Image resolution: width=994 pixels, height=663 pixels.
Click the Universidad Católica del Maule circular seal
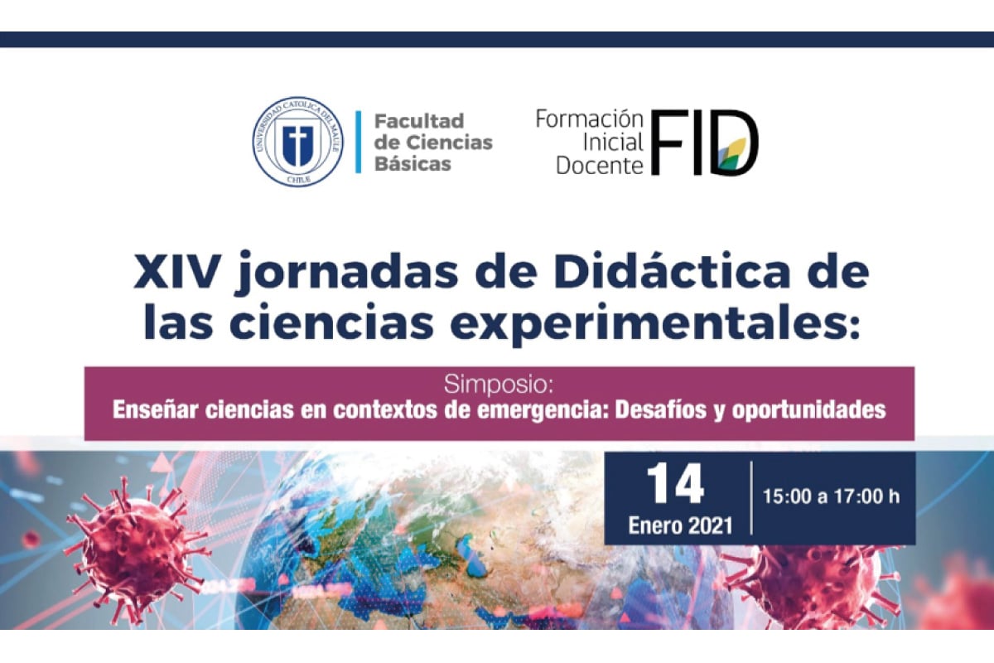click(x=297, y=141)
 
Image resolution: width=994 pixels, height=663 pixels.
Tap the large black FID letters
click(x=705, y=143)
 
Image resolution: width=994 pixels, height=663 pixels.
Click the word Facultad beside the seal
click(x=419, y=121)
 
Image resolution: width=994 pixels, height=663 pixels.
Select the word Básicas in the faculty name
click(x=413, y=163)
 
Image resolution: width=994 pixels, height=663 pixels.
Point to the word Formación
click(x=590, y=119)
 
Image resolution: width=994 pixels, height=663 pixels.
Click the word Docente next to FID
click(x=600, y=166)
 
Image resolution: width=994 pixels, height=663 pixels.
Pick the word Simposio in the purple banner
click(x=499, y=385)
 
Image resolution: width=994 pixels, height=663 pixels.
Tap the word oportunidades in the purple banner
click(x=808, y=410)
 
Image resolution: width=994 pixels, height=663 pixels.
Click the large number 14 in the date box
click(x=675, y=484)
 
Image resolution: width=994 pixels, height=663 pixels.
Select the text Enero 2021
click(x=680, y=525)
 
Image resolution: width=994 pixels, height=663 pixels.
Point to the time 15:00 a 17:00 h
click(x=831, y=496)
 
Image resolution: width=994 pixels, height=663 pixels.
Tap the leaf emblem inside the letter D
click(x=732, y=153)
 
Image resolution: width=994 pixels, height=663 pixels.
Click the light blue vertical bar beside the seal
click(x=358, y=142)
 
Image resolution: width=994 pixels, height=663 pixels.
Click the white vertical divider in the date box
click(x=751, y=498)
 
